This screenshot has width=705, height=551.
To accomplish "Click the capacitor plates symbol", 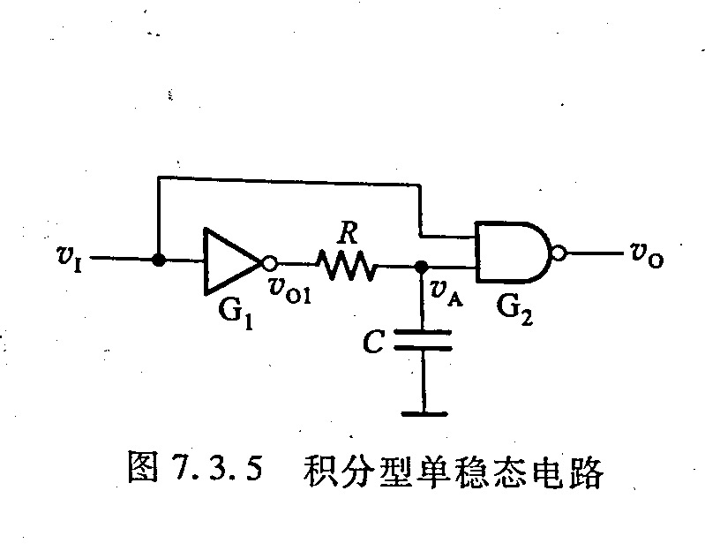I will coord(422,340).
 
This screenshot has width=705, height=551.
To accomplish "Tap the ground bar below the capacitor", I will coord(422,412).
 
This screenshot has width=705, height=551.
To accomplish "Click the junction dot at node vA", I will coord(422,265).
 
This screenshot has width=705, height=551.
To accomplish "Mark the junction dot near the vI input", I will coord(157,260).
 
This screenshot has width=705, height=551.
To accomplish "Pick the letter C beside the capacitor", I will coord(374,343).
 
